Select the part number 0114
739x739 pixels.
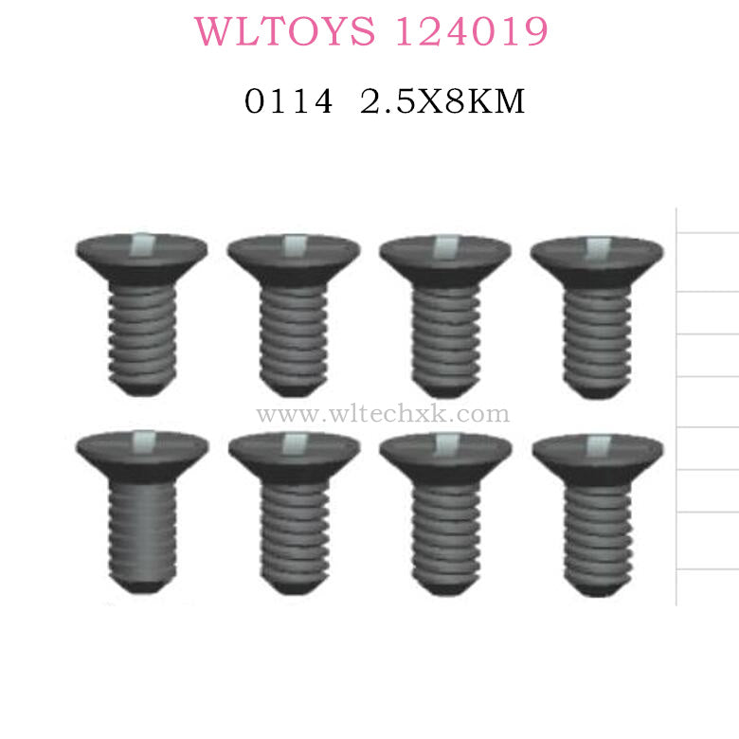(x=288, y=101)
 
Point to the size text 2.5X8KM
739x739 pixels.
(x=442, y=101)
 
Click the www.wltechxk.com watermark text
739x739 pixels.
(x=383, y=414)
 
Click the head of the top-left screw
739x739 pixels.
(x=142, y=258)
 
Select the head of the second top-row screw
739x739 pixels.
(x=294, y=259)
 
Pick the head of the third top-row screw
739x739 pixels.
(x=445, y=259)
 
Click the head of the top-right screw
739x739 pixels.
(x=597, y=259)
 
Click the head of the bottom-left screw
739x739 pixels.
(x=142, y=453)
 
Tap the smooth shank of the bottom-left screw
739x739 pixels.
(x=142, y=531)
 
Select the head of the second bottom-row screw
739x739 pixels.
(x=294, y=455)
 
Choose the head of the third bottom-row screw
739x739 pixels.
(x=445, y=455)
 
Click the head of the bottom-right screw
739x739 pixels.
(x=597, y=455)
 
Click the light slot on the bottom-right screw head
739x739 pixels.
(x=597, y=442)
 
